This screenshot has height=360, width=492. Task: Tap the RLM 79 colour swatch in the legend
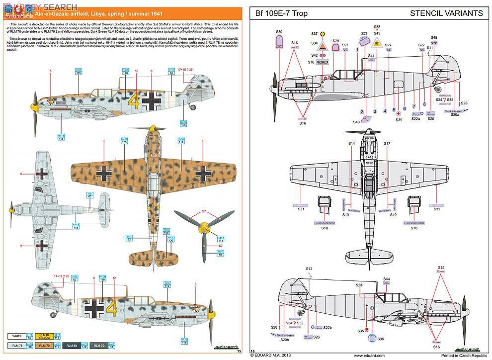click(x=45, y=345)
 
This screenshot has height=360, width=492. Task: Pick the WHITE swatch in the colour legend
click(x=17, y=336)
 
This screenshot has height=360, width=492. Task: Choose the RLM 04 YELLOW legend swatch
click(x=45, y=336)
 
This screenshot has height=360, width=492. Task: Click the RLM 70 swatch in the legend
click(x=99, y=345)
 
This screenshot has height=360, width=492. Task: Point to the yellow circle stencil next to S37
click(x=323, y=34)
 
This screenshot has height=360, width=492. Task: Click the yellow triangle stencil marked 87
click(x=377, y=43)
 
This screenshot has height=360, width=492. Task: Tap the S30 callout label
click(x=279, y=31)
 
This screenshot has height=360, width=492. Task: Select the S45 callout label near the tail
click(x=434, y=37)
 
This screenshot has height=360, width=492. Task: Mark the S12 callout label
click(x=309, y=269)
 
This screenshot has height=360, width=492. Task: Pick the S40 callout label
click(x=356, y=122)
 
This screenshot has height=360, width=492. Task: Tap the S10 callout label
click(x=311, y=62)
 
